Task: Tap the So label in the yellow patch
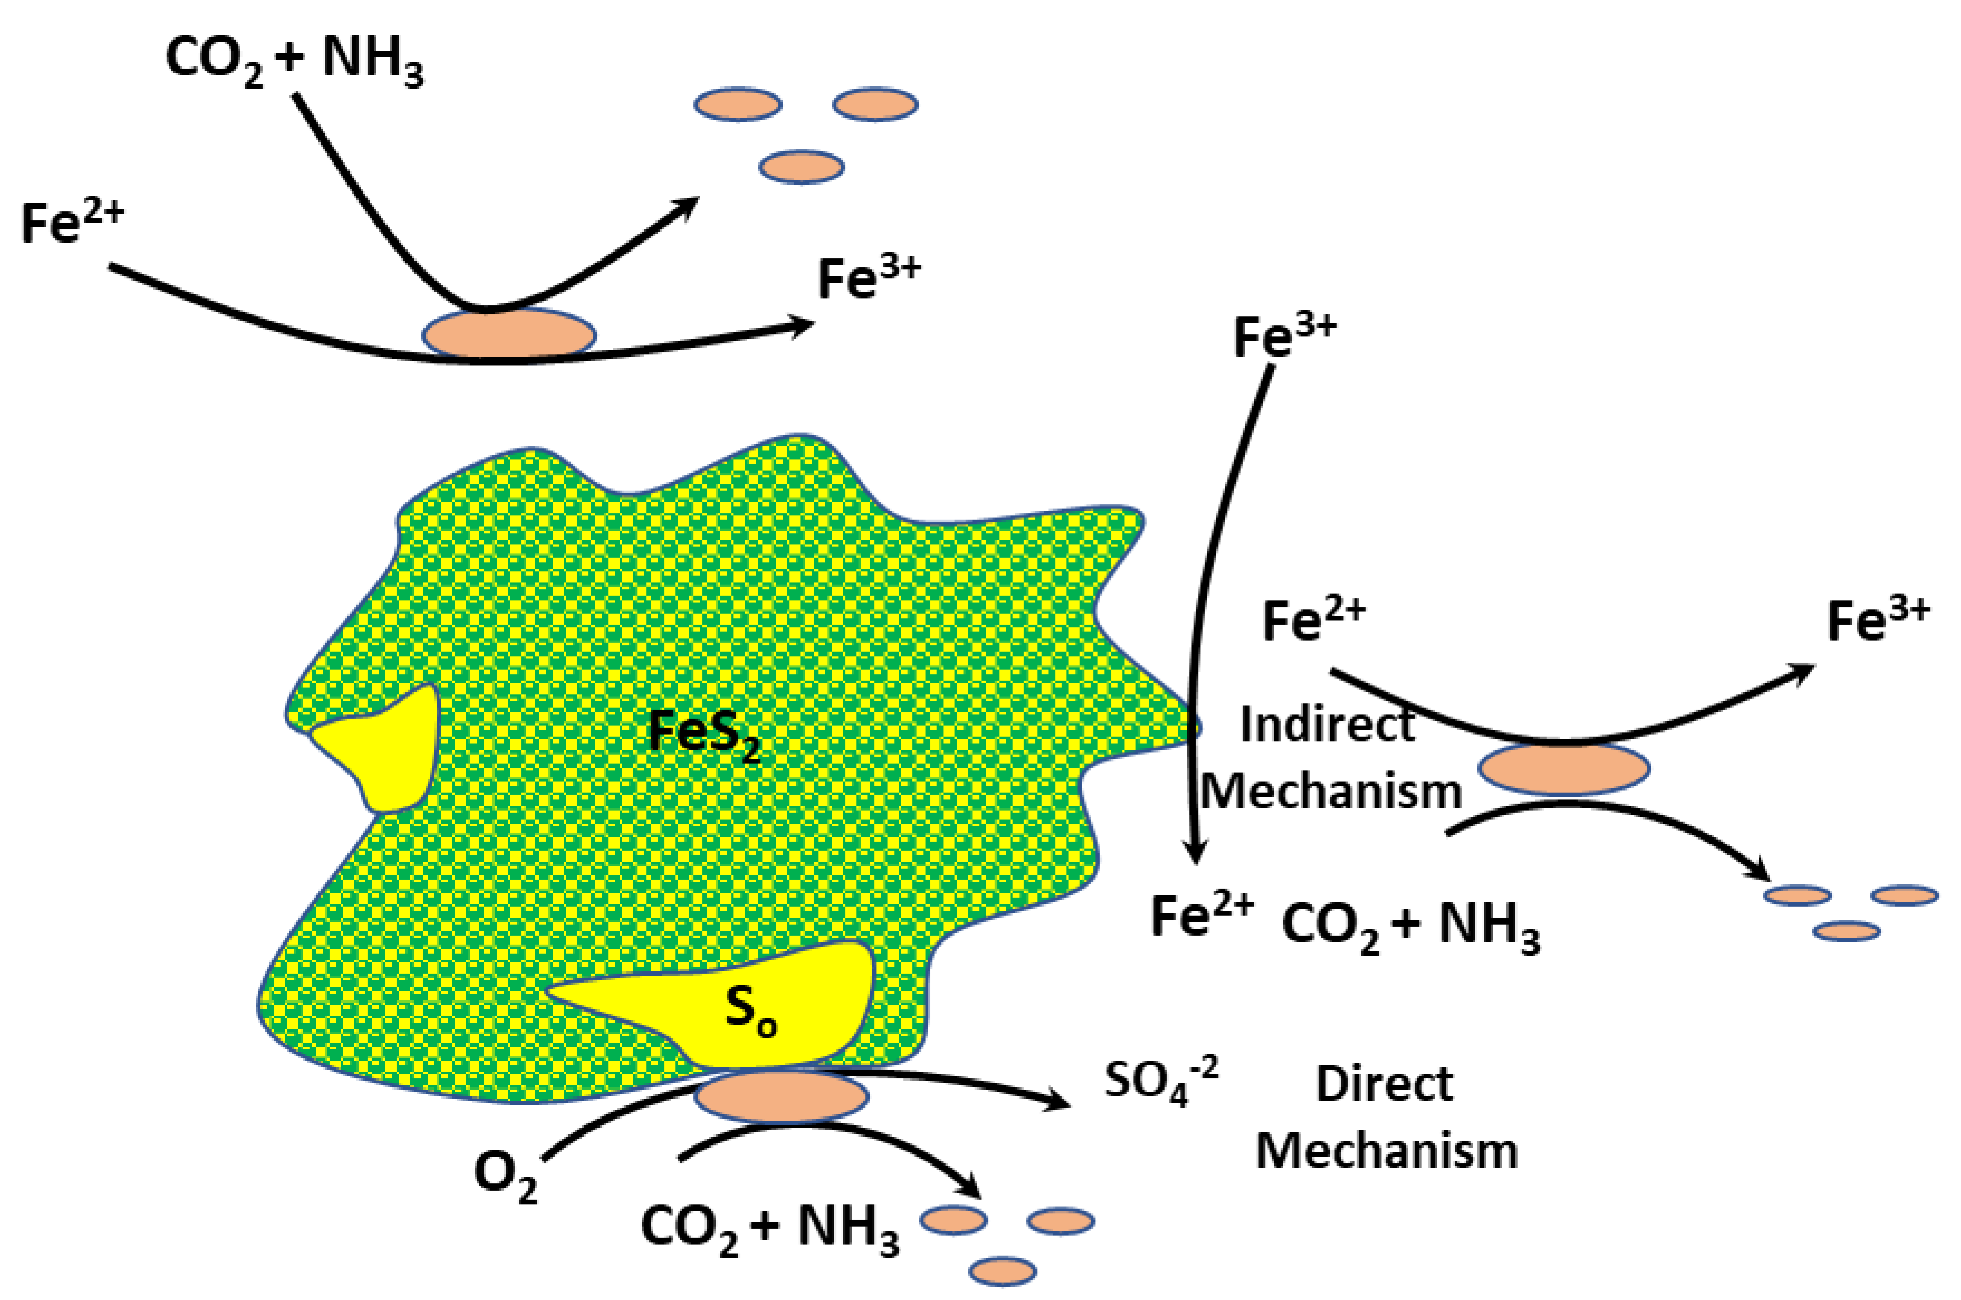pyautogui.click(x=751, y=1012)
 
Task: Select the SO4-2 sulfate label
pyautogui.click(x=1161, y=1083)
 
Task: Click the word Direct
pyautogui.click(x=1384, y=1084)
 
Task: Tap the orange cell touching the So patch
pyautogui.click(x=781, y=1096)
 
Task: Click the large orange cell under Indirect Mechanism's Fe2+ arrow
pyautogui.click(x=1564, y=768)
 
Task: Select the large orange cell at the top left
pyautogui.click(x=509, y=335)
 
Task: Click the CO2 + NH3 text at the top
pyautogui.click(x=294, y=61)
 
